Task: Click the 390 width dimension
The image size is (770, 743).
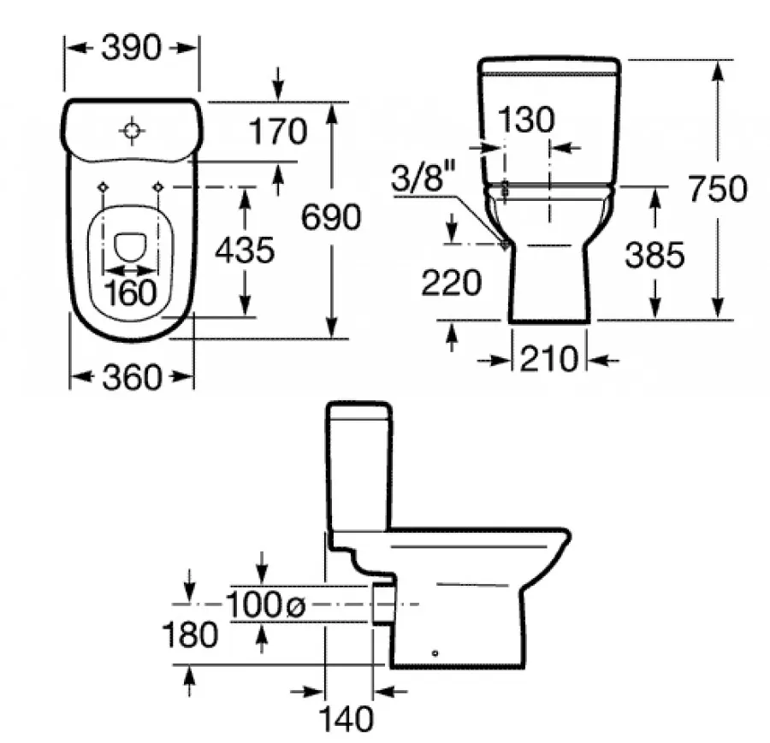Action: pos(131,48)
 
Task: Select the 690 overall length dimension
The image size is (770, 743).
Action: pos(331,217)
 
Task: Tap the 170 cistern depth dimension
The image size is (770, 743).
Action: pos(278,132)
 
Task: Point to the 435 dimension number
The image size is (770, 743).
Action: pos(245,251)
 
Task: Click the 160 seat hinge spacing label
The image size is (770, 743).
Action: pos(130,292)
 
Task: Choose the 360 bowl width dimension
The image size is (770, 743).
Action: pos(132,377)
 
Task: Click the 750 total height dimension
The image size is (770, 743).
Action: pos(718,188)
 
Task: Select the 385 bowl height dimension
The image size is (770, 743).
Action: pos(654,255)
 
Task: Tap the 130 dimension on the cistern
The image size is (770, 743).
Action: pos(526,119)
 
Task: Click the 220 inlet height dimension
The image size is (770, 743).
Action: pos(451,283)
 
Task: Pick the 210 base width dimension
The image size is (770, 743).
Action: pos(549,359)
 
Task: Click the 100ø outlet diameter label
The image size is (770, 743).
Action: pos(265,604)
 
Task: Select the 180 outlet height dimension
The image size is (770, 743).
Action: pos(190,634)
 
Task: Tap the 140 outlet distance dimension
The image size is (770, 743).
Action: pos(346,719)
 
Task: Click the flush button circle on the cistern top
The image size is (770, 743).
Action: pos(132,131)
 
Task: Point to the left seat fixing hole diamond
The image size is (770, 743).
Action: pos(104,187)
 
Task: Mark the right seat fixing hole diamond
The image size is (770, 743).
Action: pos(158,187)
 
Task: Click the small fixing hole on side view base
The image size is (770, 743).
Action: pos(435,653)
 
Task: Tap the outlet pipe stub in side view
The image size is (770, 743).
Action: pos(383,604)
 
